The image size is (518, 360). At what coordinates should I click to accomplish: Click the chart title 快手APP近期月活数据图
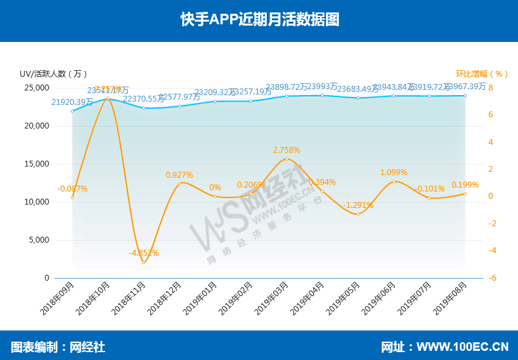[260, 19]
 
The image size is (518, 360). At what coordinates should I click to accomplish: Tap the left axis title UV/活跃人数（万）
[53, 73]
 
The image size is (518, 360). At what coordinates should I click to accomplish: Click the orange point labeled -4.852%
[144, 262]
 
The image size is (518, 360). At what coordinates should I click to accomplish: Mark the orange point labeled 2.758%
[287, 159]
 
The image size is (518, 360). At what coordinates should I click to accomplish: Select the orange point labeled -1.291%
[358, 214]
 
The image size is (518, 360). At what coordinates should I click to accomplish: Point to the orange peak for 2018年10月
[108, 98]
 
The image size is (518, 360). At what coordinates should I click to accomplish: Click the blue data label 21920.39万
[72, 102]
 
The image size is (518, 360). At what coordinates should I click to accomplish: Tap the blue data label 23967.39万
[465, 86]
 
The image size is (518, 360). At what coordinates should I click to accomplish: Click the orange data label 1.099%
[393, 172]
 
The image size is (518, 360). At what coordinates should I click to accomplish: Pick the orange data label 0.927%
[179, 175]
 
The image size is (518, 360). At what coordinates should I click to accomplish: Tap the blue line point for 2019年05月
[358, 98]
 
